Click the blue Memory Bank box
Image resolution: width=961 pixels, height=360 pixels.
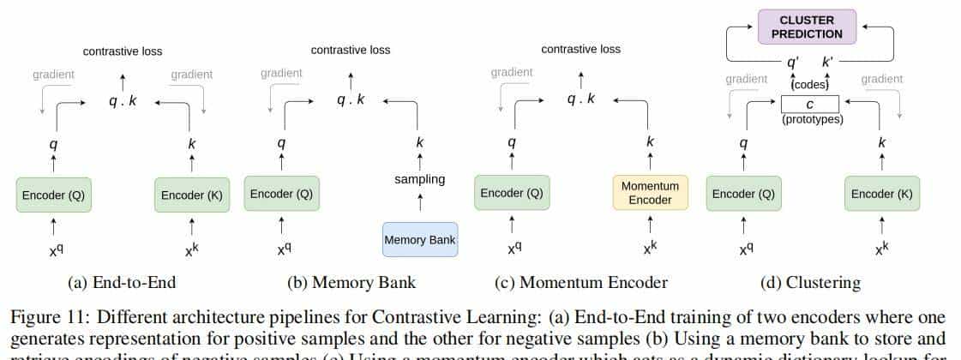[420, 240]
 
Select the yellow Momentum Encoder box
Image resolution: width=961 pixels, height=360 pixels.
[650, 193]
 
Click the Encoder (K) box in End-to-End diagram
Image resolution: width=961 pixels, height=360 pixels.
[191, 195]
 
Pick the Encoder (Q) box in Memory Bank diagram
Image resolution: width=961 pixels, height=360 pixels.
[281, 194]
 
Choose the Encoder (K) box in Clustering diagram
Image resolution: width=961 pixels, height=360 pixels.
[881, 194]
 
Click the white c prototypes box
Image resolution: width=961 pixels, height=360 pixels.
[810, 105]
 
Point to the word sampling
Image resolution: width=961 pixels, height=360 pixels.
[420, 179]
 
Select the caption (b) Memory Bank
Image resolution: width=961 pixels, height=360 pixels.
[351, 282]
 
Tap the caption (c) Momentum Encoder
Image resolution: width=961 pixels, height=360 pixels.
[581, 282]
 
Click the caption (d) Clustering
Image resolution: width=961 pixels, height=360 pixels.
[810, 282]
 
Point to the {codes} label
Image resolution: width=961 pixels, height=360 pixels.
[810, 85]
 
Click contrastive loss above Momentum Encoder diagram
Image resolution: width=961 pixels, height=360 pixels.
[580, 49]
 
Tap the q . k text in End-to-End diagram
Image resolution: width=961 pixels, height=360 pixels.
[122, 101]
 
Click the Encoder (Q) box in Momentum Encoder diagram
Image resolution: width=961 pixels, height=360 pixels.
[512, 193]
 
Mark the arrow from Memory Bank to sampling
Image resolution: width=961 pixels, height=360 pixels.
[420, 203]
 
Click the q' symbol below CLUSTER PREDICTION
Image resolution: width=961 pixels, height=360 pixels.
[794, 63]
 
